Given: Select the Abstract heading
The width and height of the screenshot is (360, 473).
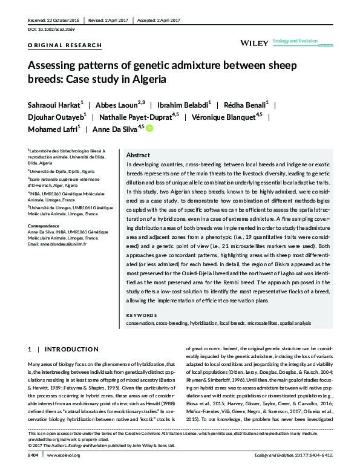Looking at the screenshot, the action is point(138,155).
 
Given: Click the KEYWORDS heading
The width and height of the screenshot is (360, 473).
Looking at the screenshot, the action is point(141,316).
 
